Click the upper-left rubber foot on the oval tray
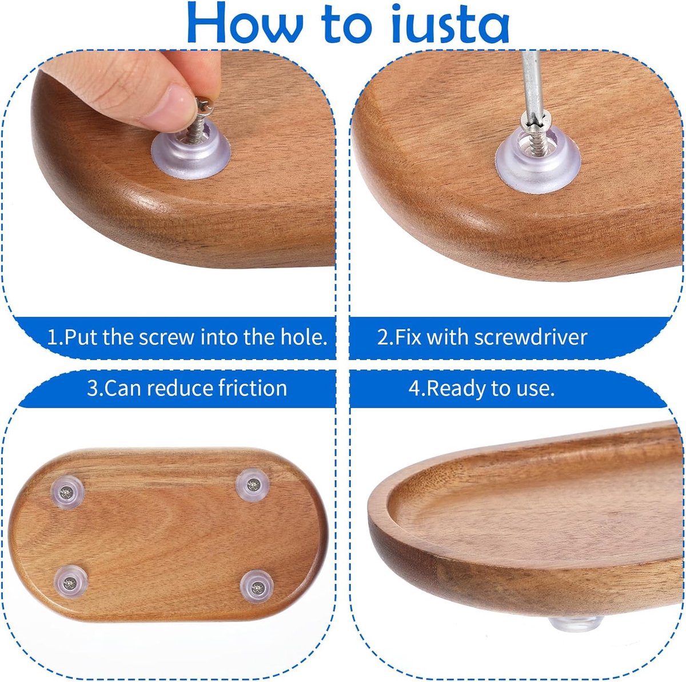point(67,493)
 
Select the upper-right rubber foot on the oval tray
point(253,485)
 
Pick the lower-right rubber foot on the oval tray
point(257,587)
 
